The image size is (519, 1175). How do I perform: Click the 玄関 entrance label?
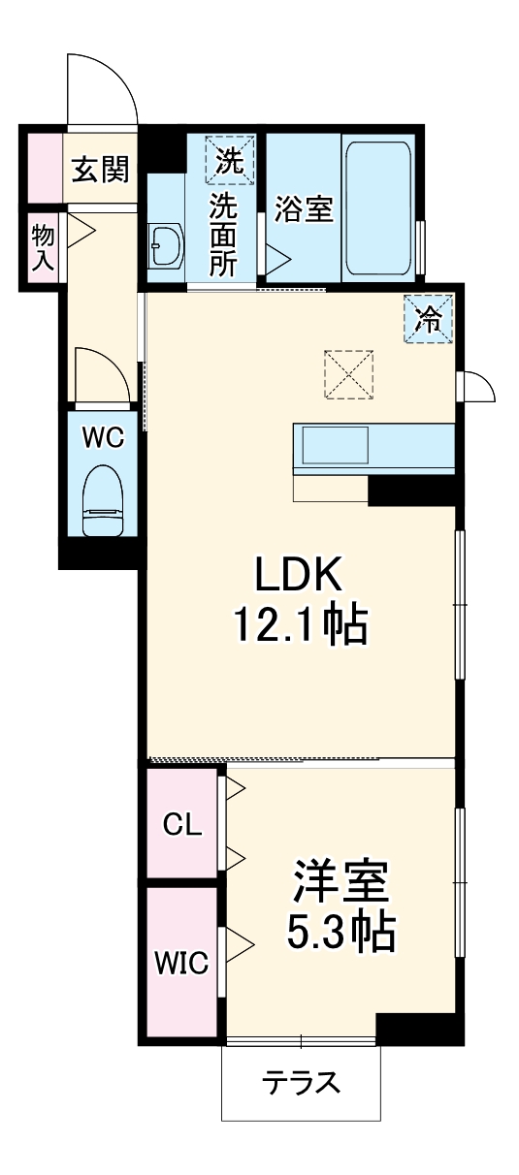(x=100, y=170)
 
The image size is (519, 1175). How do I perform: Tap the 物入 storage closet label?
(x=43, y=247)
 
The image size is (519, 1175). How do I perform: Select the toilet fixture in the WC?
(x=103, y=500)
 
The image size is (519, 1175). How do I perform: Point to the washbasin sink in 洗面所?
(x=166, y=245)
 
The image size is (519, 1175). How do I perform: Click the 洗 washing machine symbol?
(x=230, y=160)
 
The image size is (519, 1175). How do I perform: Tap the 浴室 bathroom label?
(x=304, y=208)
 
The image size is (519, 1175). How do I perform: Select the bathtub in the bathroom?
(x=377, y=207)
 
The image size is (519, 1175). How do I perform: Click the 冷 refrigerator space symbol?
(x=428, y=319)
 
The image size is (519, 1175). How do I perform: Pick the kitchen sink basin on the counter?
(x=336, y=445)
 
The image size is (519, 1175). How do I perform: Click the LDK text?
(x=299, y=573)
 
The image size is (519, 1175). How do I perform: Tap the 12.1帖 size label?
(x=302, y=624)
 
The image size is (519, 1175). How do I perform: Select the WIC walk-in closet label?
(x=181, y=963)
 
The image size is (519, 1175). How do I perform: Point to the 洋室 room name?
(x=341, y=882)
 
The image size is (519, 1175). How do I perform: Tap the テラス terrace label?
(x=302, y=1082)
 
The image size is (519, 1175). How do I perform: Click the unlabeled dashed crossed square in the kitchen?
(x=349, y=374)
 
